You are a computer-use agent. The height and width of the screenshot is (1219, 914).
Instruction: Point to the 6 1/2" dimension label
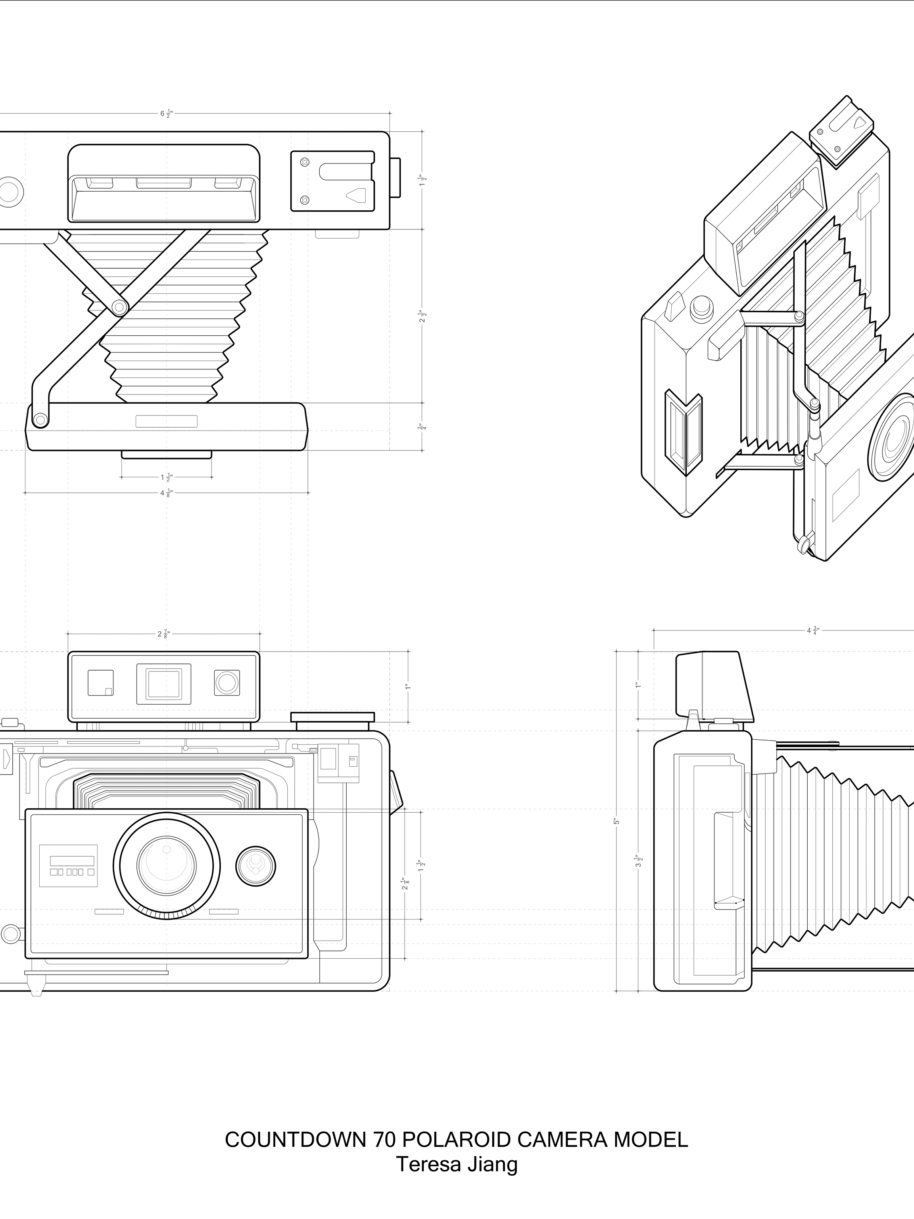click(x=166, y=114)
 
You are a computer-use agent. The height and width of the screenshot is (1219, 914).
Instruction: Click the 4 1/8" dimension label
click(x=166, y=493)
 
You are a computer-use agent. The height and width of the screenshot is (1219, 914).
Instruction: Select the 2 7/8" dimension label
click(x=163, y=634)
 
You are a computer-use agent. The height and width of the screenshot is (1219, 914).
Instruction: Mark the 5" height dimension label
click(x=616, y=821)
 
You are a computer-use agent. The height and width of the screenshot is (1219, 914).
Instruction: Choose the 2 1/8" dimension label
click(x=405, y=884)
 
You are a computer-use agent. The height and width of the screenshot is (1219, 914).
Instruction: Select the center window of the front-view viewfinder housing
click(x=163, y=684)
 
